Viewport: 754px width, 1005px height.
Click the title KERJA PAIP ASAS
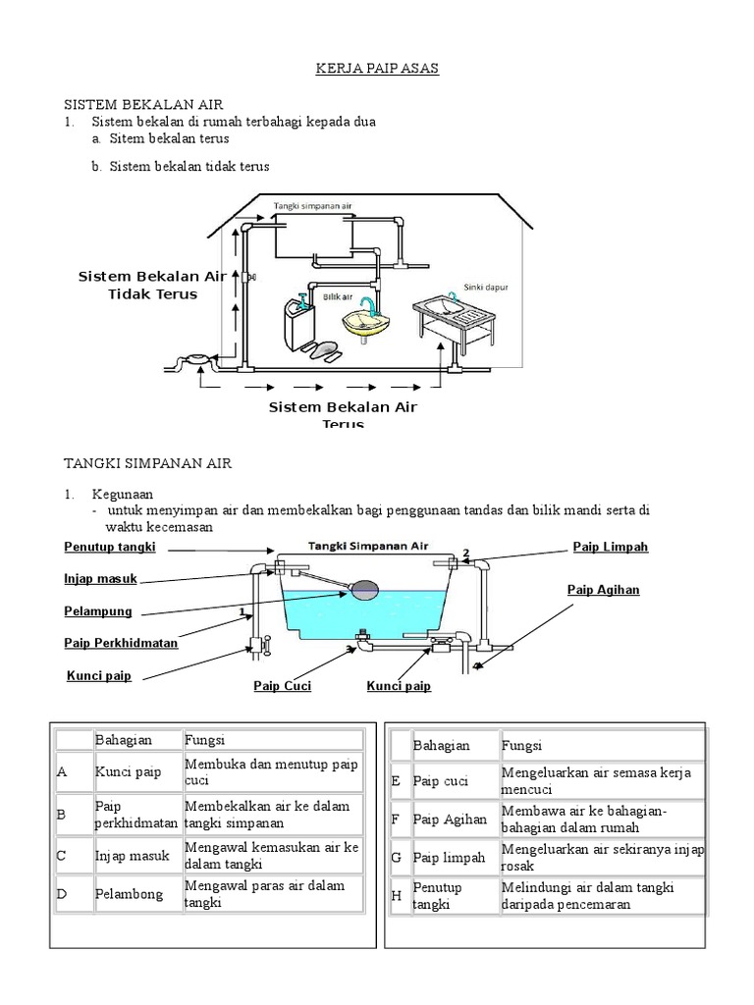point(362,69)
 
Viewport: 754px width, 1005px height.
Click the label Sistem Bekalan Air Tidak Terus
point(152,286)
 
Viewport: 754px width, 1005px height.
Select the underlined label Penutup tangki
point(110,547)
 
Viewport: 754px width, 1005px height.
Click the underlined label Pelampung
point(97,611)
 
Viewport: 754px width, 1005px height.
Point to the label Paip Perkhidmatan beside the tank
point(121,643)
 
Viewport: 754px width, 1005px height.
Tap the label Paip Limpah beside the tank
point(611,547)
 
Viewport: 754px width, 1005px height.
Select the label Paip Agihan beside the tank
point(604,589)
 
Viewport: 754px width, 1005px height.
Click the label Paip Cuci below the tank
point(283,686)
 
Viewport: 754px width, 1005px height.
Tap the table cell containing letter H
point(397,895)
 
